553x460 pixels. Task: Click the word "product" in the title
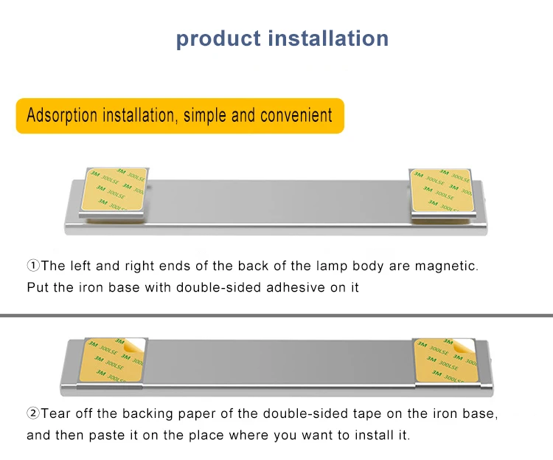[218, 38]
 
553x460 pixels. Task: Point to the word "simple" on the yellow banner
[206, 115]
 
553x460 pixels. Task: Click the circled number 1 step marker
[33, 266]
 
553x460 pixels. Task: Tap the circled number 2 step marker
[33, 413]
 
